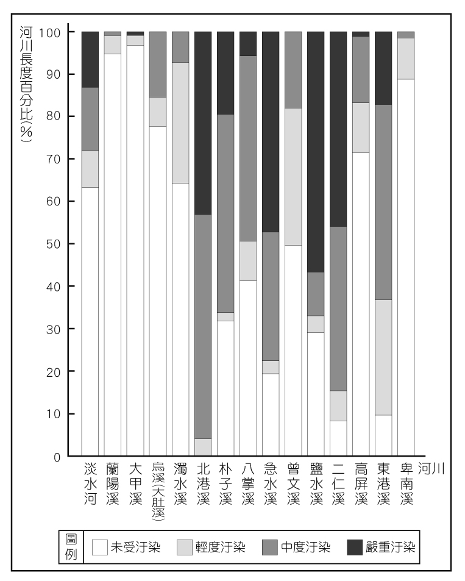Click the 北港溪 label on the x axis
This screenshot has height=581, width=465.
tap(202, 484)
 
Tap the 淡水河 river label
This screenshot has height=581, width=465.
tap(90, 484)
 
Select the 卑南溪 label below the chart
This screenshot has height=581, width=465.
tap(405, 484)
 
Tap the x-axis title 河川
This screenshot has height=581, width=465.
tap(431, 469)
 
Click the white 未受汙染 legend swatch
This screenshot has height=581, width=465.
tap(99, 546)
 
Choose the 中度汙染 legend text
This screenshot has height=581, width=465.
tap(305, 546)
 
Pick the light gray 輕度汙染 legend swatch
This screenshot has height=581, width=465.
tap(185, 546)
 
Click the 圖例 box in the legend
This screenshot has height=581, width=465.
tap(71, 546)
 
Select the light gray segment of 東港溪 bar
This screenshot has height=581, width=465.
tap(383, 357)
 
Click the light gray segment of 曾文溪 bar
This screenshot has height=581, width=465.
tap(293, 177)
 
